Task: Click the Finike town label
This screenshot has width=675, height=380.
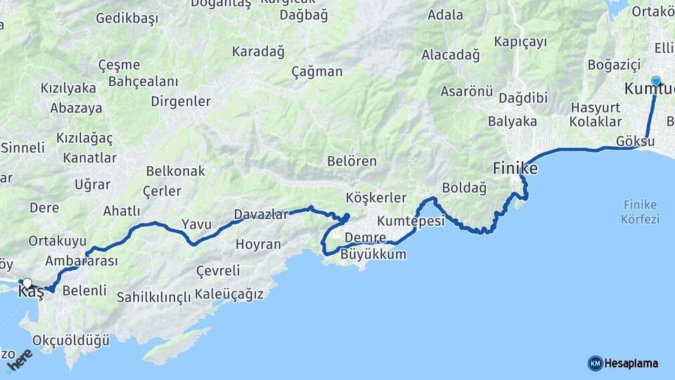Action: pos(515,169)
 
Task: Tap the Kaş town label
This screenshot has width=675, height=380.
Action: pos(31,293)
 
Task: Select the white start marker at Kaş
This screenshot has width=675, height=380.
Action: pos(27,284)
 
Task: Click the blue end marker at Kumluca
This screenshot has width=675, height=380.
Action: pos(656,81)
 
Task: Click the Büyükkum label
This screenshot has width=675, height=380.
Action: pos(373,254)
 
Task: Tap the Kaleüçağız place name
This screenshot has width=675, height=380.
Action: pos(229,293)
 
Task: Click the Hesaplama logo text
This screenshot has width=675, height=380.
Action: pos(631,363)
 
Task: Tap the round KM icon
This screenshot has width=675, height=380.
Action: pos(595,363)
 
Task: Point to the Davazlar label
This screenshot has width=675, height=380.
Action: pos(261,215)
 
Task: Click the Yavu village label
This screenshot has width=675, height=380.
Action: pos(196,224)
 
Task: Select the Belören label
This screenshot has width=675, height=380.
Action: pos(352,161)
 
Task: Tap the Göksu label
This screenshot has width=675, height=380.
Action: pos(635,141)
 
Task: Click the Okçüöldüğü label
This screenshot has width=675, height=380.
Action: pos(71,341)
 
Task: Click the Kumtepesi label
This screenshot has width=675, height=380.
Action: pos(411,221)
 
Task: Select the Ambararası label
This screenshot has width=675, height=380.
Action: pos(81,260)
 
